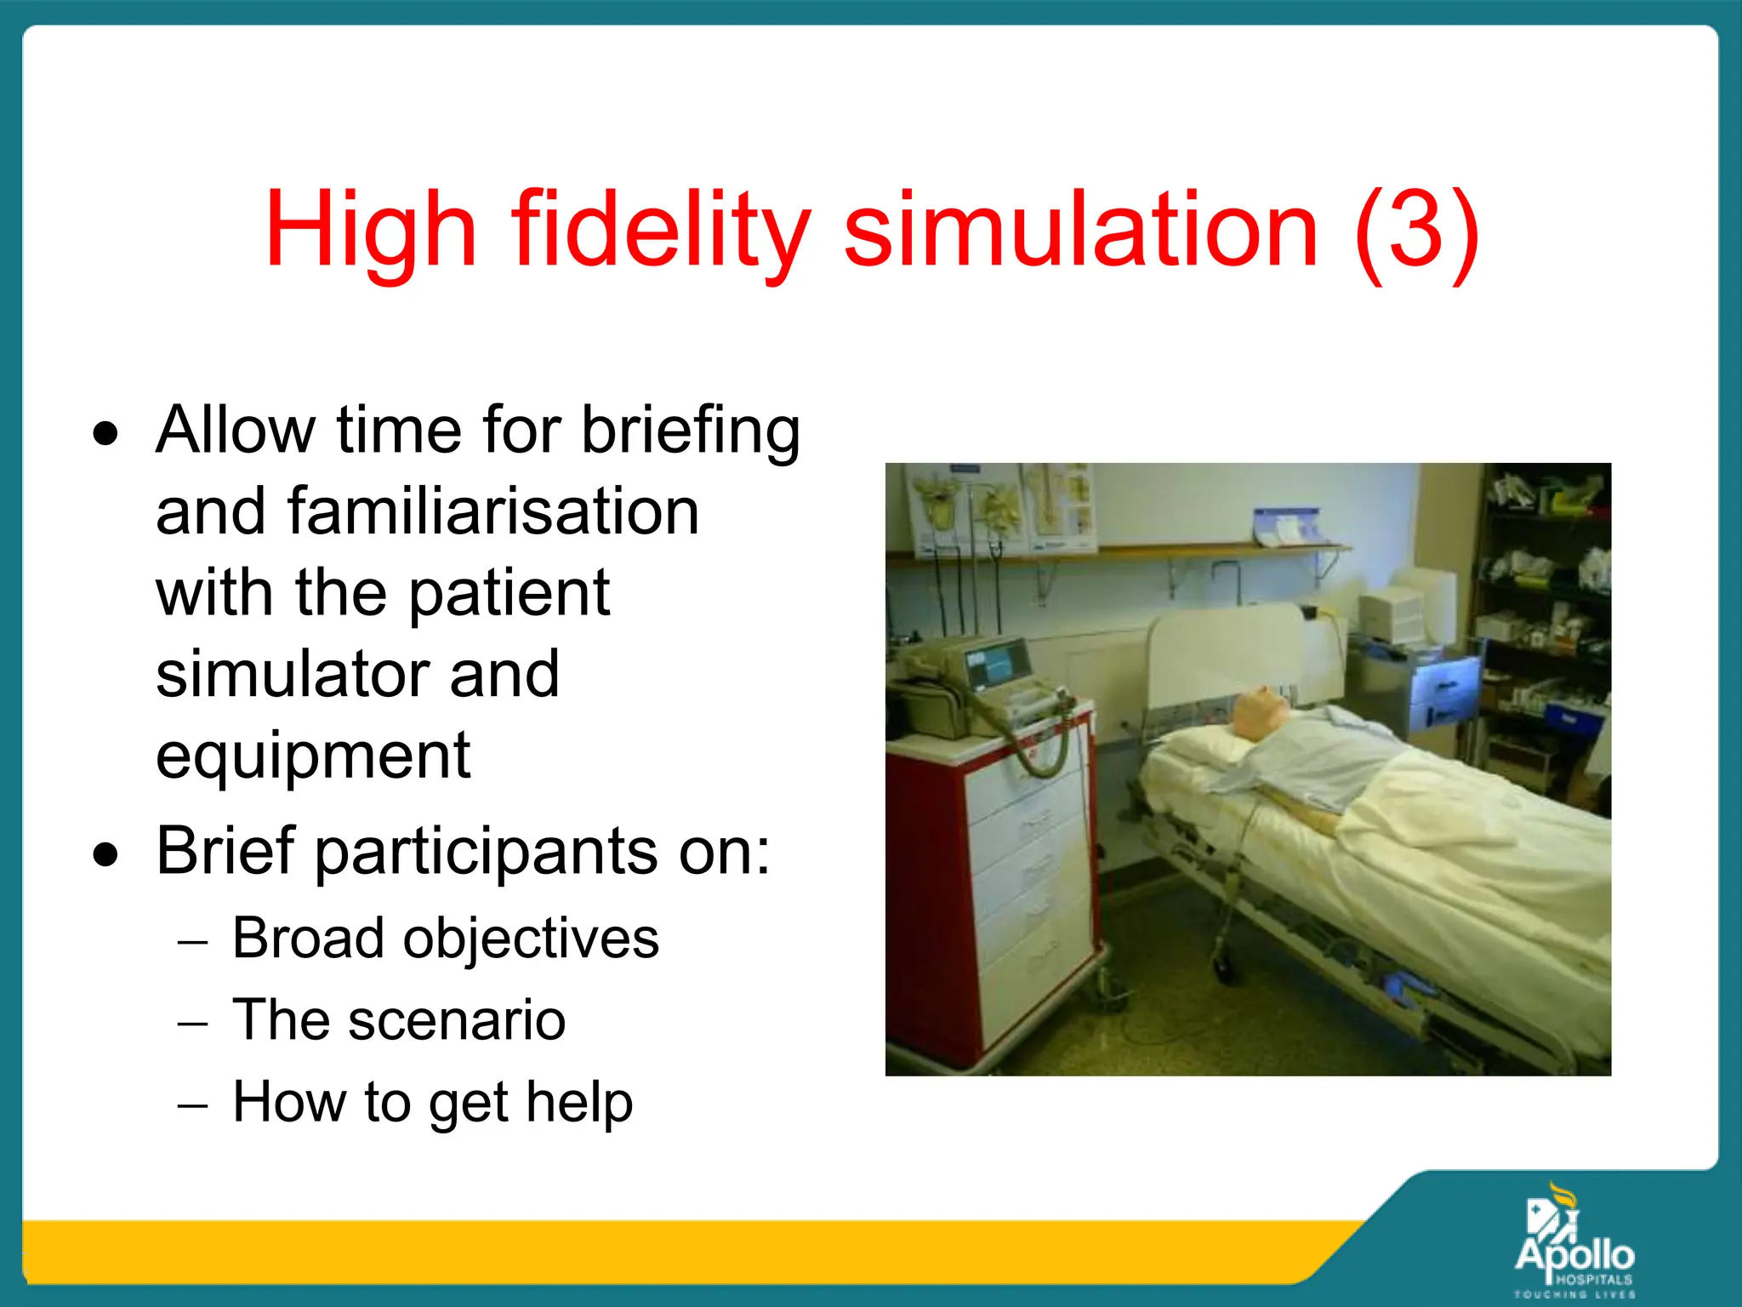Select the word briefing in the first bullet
coord(690,431)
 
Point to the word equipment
coord(313,756)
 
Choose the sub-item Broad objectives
coord(445,939)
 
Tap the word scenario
coord(456,1020)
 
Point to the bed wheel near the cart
coord(1223,966)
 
